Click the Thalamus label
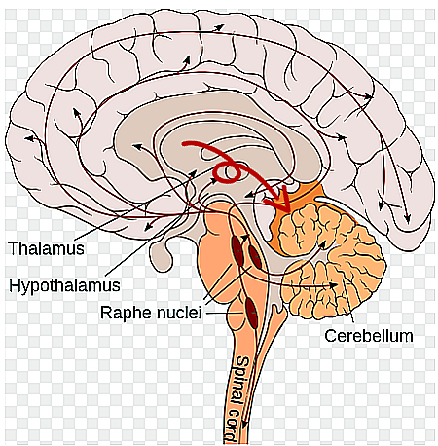pos(46,248)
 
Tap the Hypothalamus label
pos(64,285)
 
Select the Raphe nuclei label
pos(151,313)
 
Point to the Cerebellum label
pos(369,336)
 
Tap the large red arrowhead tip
pos(290,211)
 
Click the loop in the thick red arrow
pos(227,171)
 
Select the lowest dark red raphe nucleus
pos(251,314)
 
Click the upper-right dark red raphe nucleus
pos(255,257)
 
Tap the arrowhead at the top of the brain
pos(220,27)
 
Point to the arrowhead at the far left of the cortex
pos(28,138)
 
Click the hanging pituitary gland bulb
pos(161,258)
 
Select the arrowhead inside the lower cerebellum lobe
pos(334,285)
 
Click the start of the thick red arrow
pos(184,144)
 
